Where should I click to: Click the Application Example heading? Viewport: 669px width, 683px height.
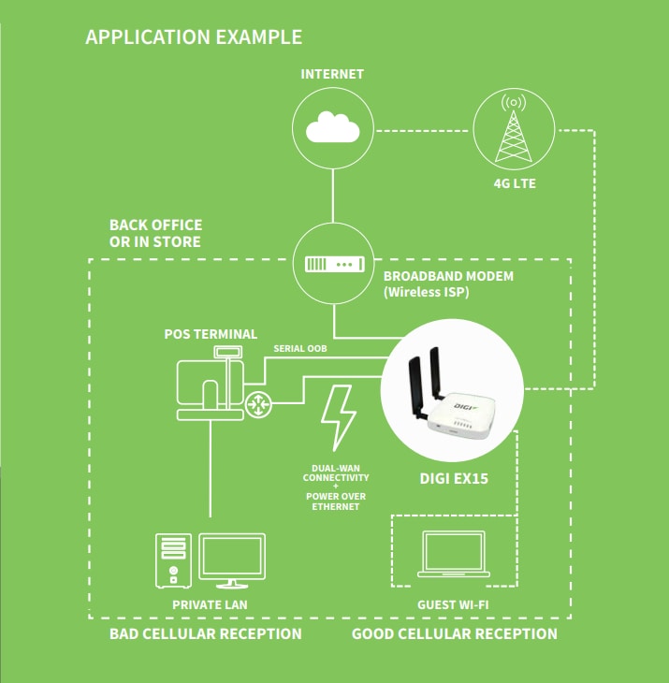click(x=193, y=37)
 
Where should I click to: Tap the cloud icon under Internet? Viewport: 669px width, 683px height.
click(x=332, y=128)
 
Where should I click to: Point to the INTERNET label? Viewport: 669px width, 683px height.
click(x=332, y=74)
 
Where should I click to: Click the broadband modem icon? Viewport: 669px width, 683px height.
click(x=332, y=265)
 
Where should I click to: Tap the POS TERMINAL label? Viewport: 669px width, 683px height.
click(x=211, y=334)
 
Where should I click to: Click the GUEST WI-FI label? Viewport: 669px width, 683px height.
click(x=453, y=604)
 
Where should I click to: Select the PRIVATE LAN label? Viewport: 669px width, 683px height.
click(x=210, y=604)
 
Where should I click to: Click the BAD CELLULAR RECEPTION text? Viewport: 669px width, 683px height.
click(x=205, y=634)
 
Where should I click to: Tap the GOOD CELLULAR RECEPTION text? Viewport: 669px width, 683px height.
click(x=454, y=634)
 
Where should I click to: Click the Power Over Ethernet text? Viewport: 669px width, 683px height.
click(x=335, y=501)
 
